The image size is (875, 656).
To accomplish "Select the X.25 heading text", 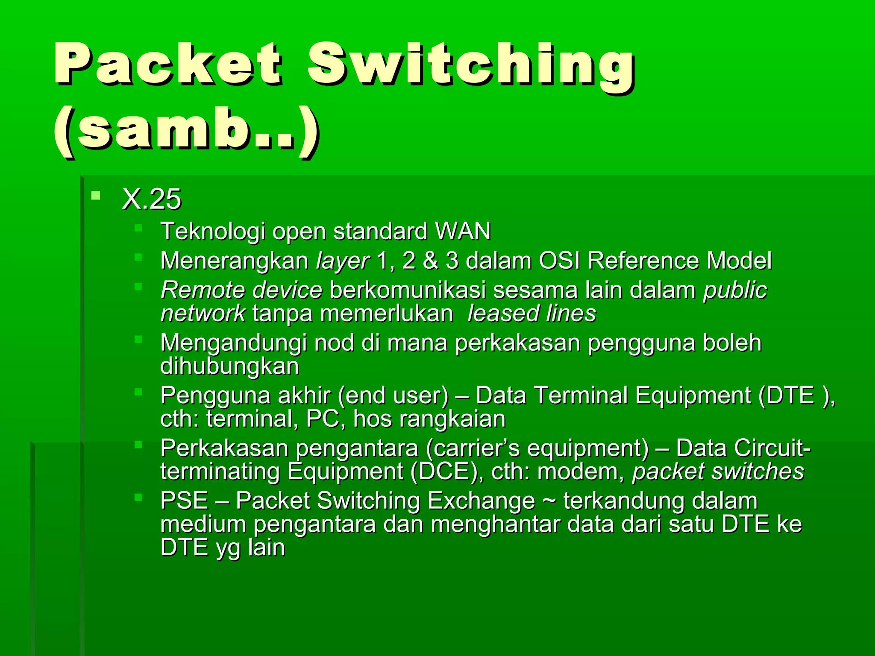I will coord(151,199).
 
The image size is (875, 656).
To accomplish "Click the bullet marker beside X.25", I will coord(96,196).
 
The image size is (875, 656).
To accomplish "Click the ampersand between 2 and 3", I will coord(431,261).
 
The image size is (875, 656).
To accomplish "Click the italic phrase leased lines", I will coord(531,313).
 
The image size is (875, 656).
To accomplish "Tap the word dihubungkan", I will coord(229,366).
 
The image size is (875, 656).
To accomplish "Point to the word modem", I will coord(581,471).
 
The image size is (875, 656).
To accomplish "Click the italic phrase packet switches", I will coord(718,471).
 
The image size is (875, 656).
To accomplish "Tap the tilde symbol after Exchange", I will coord(549,500).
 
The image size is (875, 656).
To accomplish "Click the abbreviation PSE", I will coord(184,501).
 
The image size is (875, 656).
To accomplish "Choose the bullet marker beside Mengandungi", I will coord(138,340).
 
